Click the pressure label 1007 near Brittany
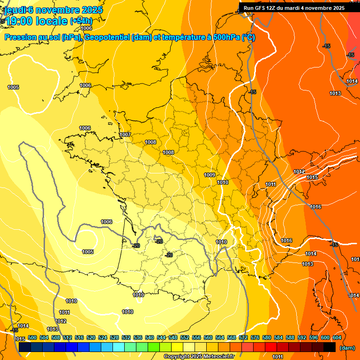pos(125,135)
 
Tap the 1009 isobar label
pos(210,175)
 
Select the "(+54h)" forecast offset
pos(81,21)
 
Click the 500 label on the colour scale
pos(32,337)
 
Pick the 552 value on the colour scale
pos(185,337)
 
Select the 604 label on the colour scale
pos(337,337)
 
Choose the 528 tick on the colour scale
pos(114,337)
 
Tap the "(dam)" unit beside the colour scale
pos(347,347)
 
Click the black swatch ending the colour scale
pos(330,347)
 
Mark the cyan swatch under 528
pos(119,347)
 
